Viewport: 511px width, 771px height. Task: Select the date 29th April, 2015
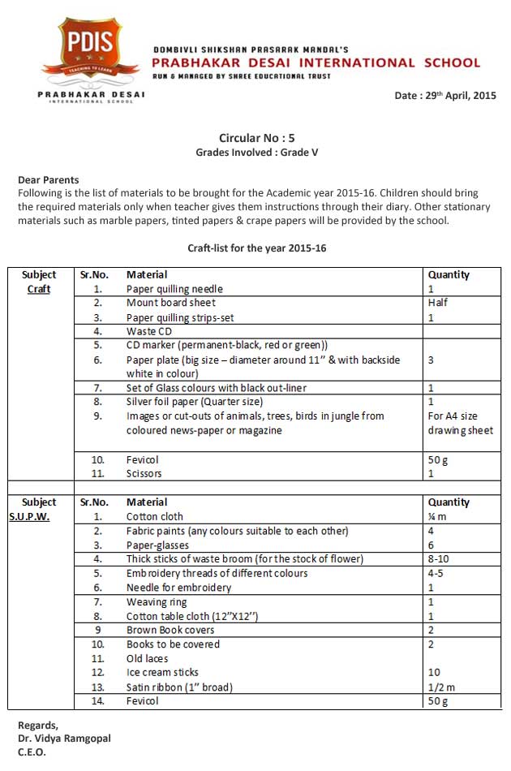click(445, 96)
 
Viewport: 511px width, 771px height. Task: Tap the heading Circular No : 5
click(255, 138)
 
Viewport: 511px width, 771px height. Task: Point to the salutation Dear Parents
click(49, 180)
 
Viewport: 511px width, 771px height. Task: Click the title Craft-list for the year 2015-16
click(255, 247)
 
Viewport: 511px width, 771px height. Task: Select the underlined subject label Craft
click(39, 289)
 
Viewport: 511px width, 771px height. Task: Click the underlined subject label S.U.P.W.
click(29, 517)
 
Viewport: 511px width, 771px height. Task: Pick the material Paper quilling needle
click(174, 289)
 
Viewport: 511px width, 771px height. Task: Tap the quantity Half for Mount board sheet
click(438, 303)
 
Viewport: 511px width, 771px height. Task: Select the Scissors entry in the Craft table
click(144, 473)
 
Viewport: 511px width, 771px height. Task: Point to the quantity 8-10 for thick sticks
click(439, 559)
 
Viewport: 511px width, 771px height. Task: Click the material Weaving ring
click(157, 601)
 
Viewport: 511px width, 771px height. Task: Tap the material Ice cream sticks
click(162, 672)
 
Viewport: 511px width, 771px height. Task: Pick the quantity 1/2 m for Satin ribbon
click(441, 687)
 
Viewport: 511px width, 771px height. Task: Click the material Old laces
click(148, 658)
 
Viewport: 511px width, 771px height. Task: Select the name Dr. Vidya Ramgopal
click(64, 738)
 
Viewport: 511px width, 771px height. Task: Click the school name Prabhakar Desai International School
click(317, 62)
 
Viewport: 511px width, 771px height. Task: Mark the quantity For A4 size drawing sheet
click(460, 423)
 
